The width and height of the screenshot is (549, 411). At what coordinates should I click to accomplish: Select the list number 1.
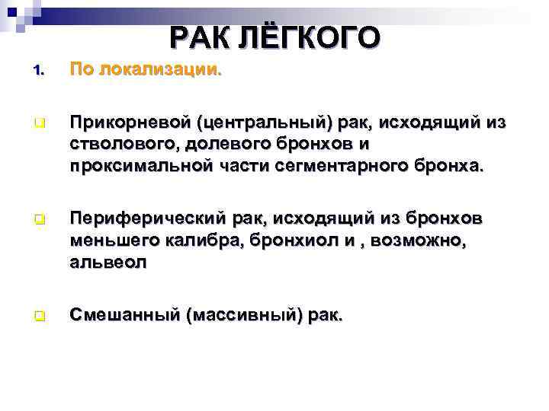click(x=40, y=72)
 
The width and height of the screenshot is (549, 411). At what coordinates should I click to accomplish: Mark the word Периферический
click(x=134, y=220)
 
